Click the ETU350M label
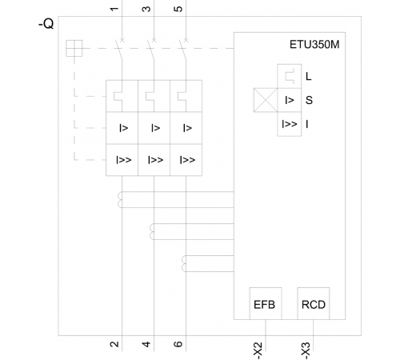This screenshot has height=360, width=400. (314, 45)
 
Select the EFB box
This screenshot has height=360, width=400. (266, 303)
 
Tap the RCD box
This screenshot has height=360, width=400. (314, 303)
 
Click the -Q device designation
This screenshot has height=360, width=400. (46, 24)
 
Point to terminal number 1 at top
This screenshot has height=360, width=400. (114, 9)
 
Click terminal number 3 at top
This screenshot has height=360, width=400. (146, 9)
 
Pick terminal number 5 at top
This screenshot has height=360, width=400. (178, 9)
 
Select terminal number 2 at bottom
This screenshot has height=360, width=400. (114, 344)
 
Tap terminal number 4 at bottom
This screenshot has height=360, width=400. (146, 344)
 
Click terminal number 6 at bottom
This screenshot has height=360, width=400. (178, 344)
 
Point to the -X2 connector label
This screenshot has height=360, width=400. (258, 350)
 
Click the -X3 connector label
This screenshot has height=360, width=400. (306, 350)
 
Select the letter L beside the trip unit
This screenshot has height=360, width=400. (309, 77)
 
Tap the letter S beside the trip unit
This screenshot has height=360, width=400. (309, 100)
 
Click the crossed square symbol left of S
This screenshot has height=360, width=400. (266, 100)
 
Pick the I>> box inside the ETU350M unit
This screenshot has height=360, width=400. (290, 124)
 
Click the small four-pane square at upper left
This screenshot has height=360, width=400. (74, 48)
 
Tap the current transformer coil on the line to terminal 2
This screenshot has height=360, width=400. (120, 199)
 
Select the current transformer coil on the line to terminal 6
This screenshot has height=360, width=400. (184, 263)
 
